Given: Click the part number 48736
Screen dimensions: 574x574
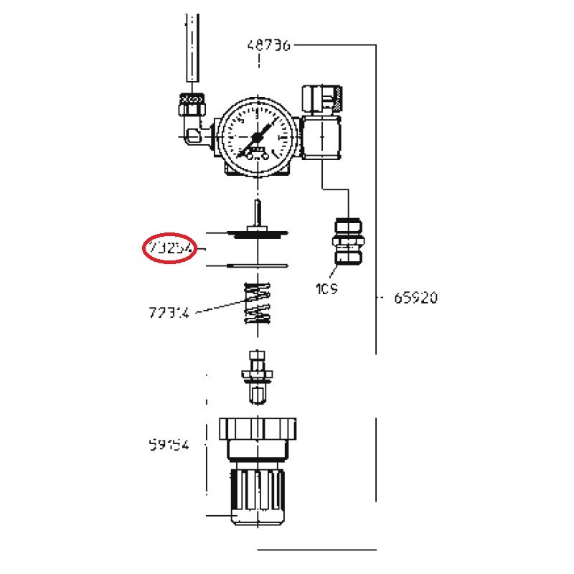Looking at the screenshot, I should [268, 45].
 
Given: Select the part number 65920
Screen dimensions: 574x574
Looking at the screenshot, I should [415, 297].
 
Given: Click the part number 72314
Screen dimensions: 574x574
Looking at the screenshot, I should [170, 312].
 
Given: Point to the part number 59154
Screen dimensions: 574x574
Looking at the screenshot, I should [170, 445].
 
